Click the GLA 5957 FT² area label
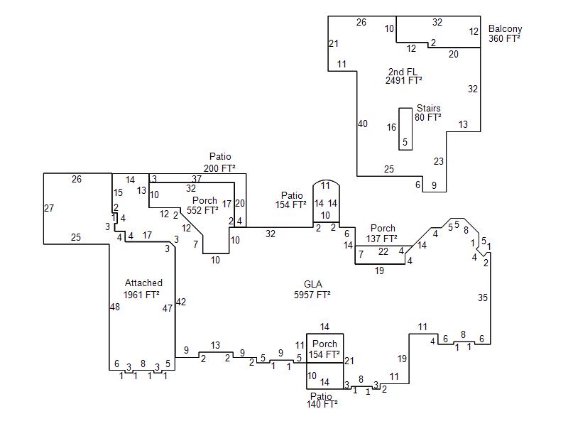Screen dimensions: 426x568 312,289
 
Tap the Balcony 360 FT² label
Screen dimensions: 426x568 505,34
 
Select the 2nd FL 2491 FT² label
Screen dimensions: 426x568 403,76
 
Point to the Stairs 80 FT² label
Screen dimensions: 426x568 428,113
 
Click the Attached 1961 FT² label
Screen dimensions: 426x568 142,288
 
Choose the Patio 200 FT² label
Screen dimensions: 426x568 220,163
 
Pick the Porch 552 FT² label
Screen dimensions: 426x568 204,206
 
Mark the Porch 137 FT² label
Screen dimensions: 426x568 383,234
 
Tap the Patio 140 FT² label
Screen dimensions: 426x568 321,400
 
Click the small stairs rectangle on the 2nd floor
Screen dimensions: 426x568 405,129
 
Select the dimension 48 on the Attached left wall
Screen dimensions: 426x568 115,307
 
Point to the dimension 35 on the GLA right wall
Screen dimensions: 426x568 483,297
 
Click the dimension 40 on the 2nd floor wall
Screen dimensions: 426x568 363,124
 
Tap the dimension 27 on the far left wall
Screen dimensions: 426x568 49,208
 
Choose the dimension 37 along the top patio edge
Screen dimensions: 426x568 197,178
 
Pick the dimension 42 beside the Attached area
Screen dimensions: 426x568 180,302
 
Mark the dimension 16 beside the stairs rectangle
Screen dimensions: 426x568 391,128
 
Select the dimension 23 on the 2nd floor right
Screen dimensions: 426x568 439,161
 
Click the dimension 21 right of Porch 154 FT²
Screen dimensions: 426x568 349,361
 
